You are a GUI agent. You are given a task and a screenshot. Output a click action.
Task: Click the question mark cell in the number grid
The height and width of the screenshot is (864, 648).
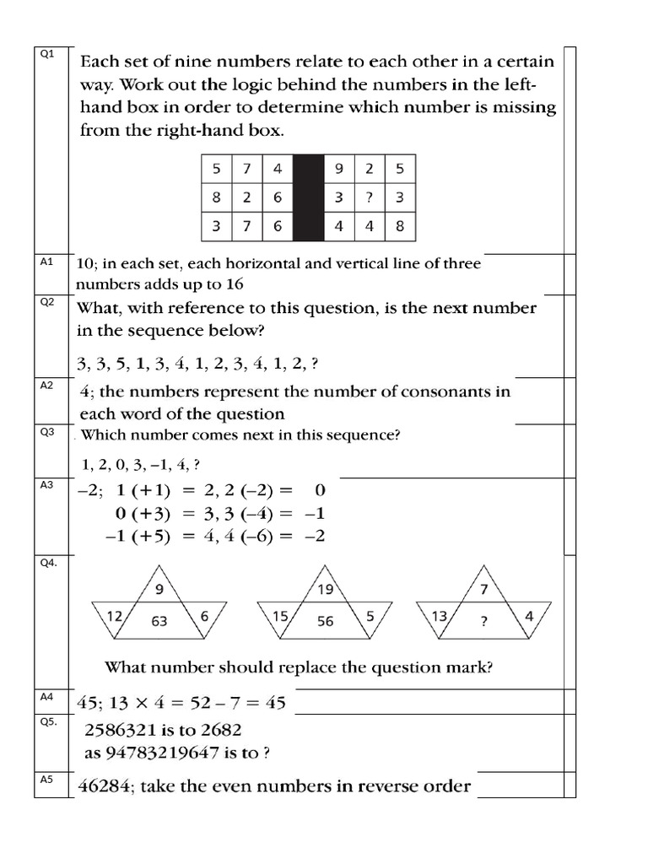[x=370, y=197]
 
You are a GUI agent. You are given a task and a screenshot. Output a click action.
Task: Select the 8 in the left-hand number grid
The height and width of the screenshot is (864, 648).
[x=217, y=197]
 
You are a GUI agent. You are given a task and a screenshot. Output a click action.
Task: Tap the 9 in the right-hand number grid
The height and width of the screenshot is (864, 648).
[x=338, y=169]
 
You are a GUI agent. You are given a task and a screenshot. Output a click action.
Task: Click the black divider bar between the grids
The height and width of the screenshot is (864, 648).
[x=308, y=197]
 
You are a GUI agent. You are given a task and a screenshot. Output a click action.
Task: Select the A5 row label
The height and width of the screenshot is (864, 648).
[x=46, y=779]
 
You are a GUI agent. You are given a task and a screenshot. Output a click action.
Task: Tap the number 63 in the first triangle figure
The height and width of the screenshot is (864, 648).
[x=159, y=621]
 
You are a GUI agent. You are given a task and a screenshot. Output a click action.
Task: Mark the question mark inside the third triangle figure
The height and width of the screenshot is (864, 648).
[x=484, y=621]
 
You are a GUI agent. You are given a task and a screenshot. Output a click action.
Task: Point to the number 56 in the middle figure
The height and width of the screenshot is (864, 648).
[x=326, y=621]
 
